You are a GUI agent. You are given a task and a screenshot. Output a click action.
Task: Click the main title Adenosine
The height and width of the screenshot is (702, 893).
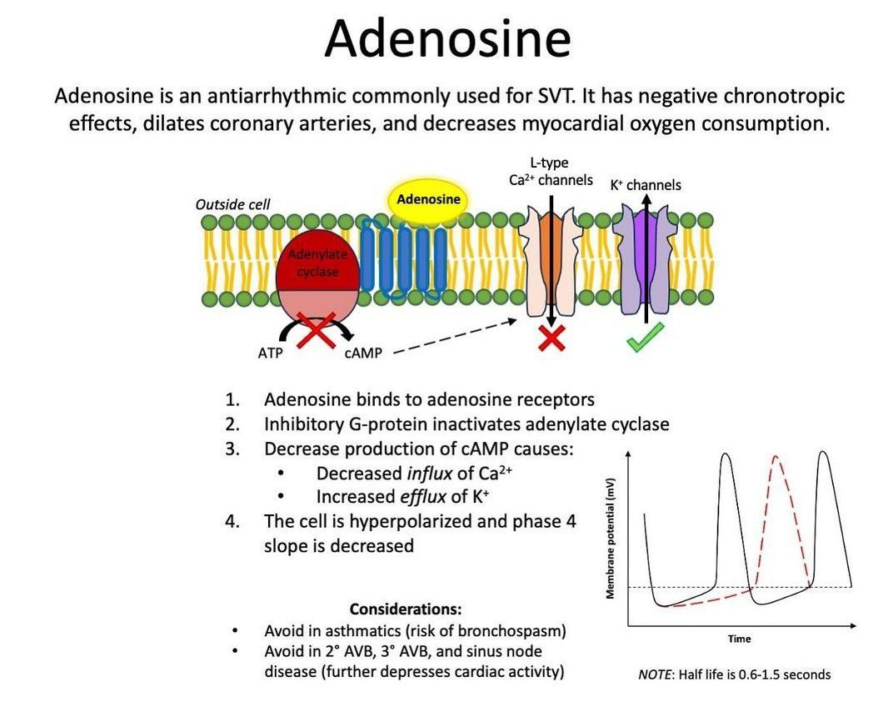(x=447, y=38)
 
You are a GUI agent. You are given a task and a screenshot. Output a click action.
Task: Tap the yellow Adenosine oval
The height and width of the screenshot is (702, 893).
(x=428, y=200)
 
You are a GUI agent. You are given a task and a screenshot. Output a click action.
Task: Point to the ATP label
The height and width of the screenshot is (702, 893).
(x=271, y=353)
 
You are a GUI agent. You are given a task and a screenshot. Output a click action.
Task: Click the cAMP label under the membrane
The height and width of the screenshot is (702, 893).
(x=363, y=353)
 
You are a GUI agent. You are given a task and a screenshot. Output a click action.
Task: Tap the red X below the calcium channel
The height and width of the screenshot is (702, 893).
(x=551, y=337)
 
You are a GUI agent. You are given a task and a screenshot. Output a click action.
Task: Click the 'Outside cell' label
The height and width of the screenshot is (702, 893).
(x=232, y=204)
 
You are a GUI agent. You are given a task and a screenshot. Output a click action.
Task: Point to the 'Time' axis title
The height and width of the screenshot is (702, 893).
(x=739, y=639)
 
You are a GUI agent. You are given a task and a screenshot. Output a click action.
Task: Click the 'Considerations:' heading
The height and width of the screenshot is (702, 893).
(x=406, y=609)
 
